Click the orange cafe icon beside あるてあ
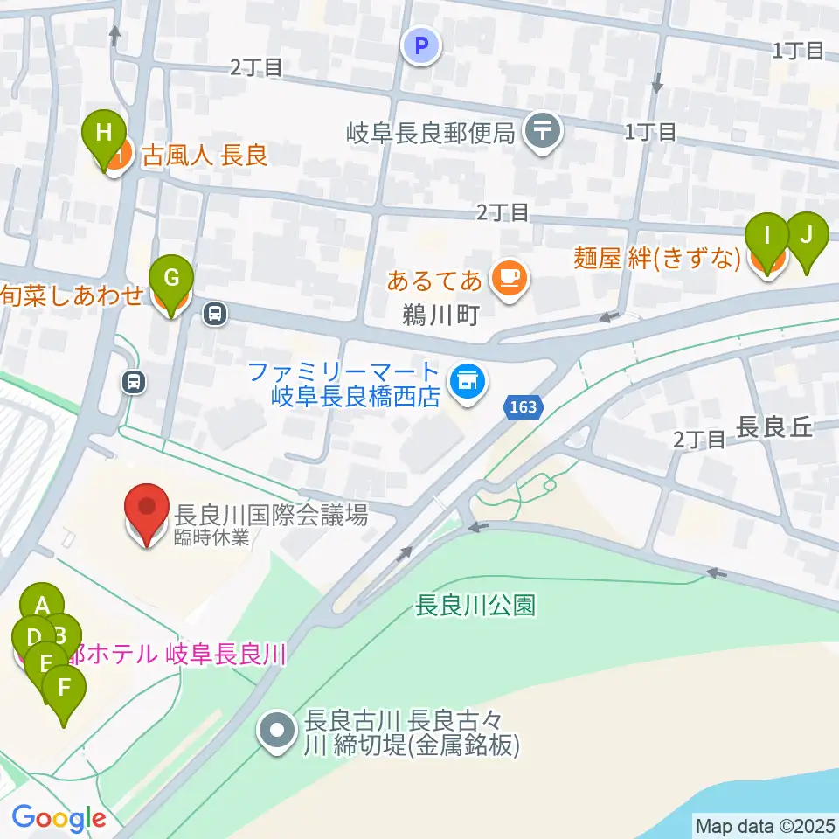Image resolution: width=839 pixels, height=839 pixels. (508, 280)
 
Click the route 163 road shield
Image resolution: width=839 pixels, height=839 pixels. (524, 406)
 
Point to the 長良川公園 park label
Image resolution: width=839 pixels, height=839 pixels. (475, 606)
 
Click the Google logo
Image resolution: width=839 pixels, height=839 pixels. (59, 818)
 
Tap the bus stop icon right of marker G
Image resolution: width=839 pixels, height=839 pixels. (214, 312)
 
